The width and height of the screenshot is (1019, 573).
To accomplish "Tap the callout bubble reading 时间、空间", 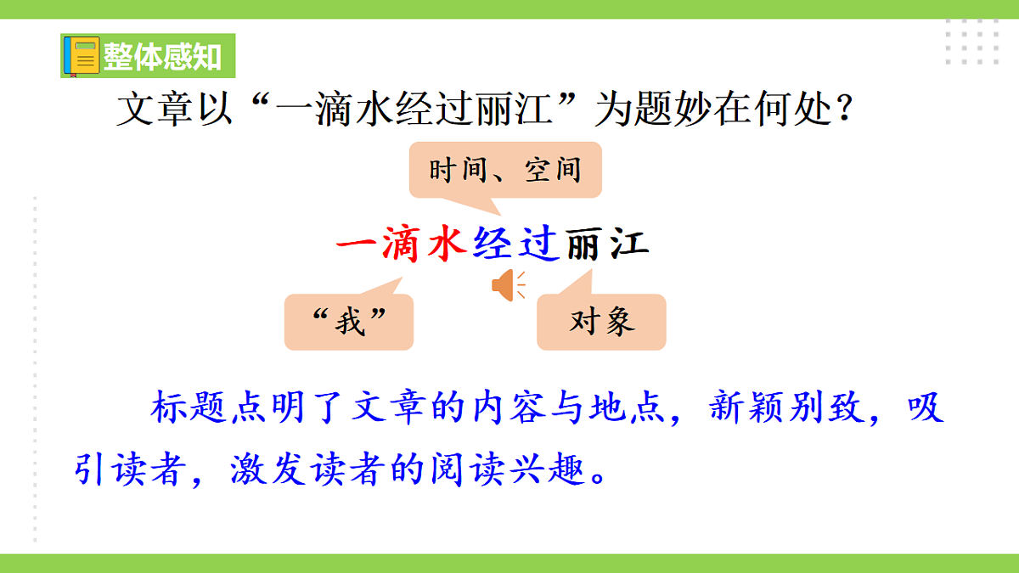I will (505, 171).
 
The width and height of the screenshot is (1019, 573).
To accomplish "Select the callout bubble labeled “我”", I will (349, 322).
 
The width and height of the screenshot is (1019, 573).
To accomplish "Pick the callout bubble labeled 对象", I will (601, 322).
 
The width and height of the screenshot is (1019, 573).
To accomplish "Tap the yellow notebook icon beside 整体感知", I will (82, 57).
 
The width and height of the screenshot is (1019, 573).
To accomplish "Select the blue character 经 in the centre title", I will (493, 244).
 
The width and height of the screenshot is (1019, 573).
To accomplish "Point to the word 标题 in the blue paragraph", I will (190, 409).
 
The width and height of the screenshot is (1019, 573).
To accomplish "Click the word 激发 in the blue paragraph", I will (268, 469).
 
